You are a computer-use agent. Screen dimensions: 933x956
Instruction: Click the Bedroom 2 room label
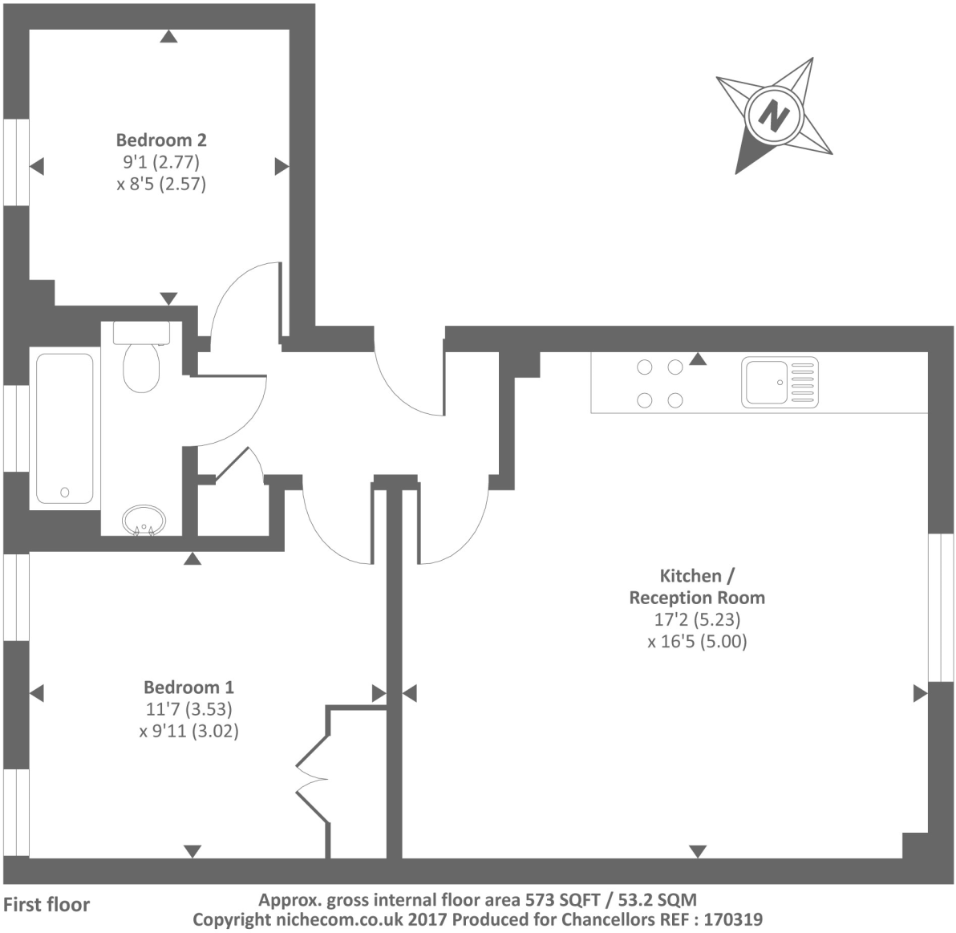click(161, 140)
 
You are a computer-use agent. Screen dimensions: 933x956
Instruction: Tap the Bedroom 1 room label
click(188, 687)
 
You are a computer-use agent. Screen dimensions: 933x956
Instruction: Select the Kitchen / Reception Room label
click(696, 586)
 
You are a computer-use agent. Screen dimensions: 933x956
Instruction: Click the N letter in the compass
click(774, 115)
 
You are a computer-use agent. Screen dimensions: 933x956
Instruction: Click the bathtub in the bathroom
click(64, 428)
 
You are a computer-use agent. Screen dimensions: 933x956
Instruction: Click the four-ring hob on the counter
click(659, 383)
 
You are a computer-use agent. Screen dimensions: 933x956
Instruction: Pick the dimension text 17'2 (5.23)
click(696, 619)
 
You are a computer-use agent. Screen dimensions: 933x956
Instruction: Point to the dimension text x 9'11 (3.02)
click(188, 731)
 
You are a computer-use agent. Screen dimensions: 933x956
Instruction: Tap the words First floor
click(47, 905)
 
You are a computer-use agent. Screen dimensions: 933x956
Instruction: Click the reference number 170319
click(732, 919)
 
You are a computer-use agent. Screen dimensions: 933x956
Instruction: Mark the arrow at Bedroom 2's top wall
click(168, 36)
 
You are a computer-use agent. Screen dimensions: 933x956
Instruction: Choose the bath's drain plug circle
click(65, 492)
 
